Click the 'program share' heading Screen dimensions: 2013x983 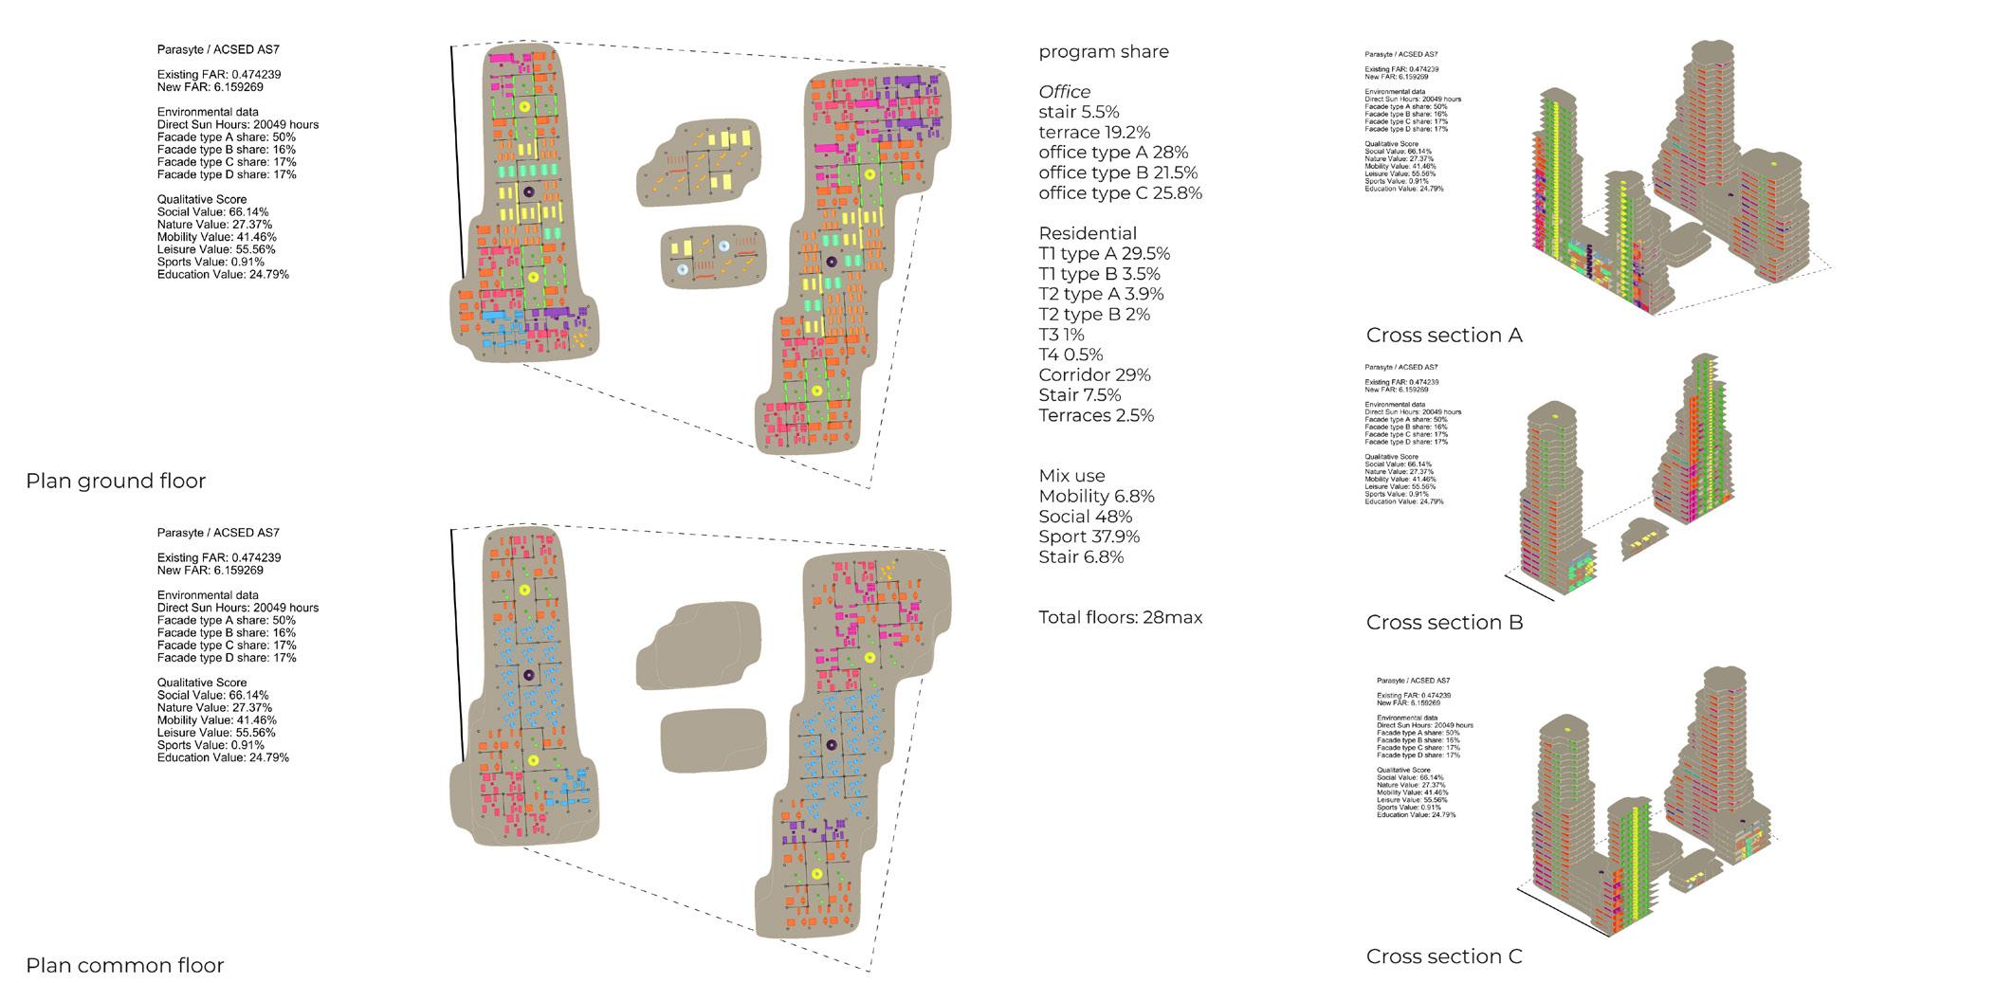(x=1104, y=52)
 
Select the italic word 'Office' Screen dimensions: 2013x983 (x=1065, y=92)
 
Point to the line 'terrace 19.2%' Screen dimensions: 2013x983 (x=1094, y=133)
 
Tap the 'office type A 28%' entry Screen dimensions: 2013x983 (x=1113, y=153)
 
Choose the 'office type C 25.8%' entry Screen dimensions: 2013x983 (x=1120, y=193)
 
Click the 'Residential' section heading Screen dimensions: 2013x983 (x=1088, y=233)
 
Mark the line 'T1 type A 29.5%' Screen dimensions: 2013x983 (x=1105, y=254)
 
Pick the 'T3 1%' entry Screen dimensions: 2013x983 (x=1061, y=335)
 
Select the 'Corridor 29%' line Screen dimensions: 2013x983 (x=1095, y=375)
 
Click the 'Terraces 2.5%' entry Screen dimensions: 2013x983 (x=1096, y=415)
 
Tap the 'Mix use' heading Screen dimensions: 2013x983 (x=1072, y=476)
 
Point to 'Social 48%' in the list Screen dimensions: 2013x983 (x=1086, y=517)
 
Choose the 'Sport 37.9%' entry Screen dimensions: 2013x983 (x=1089, y=537)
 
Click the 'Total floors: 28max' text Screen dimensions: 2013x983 (x=1121, y=618)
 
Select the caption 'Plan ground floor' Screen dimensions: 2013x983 (x=116, y=482)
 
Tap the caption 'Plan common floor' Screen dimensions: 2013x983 (x=125, y=966)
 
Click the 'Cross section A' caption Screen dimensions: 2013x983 (x=1444, y=336)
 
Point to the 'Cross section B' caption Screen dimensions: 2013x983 (x=1444, y=623)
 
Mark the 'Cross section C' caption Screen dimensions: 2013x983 (x=1444, y=957)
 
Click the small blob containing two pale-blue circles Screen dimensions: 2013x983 (x=711, y=257)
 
